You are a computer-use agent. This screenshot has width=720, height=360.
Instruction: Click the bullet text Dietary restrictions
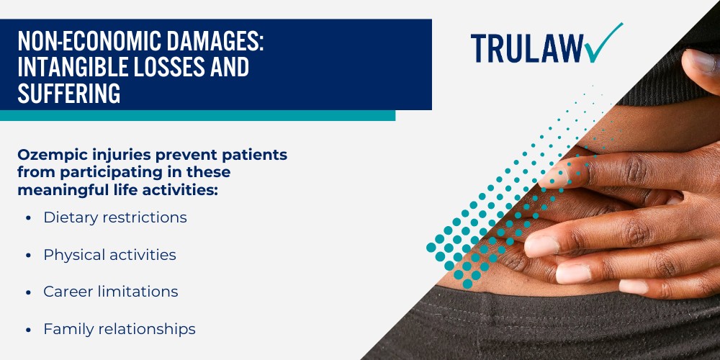tap(114, 217)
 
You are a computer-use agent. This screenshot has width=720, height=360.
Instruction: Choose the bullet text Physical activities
tap(109, 255)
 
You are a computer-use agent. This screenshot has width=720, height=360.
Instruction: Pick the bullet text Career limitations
tap(110, 292)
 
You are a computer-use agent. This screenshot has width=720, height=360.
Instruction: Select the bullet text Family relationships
tap(119, 329)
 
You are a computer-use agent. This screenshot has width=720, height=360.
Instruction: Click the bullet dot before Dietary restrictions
tap(27, 218)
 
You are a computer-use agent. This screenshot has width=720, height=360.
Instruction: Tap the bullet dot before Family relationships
tap(27, 330)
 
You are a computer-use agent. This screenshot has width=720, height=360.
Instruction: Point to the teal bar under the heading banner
tap(197, 115)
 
